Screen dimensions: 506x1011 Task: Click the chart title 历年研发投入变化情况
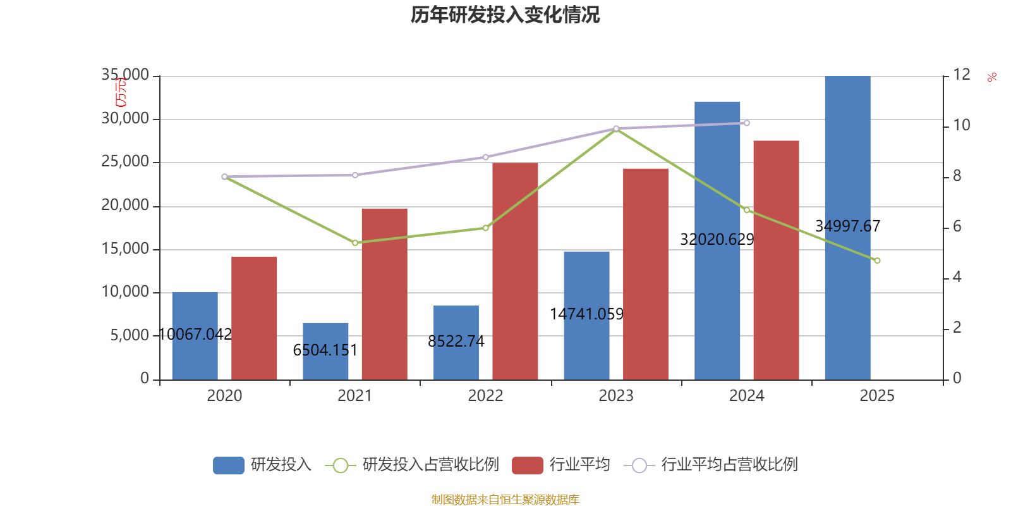tap(505, 15)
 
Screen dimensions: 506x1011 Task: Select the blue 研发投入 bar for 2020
tap(195, 335)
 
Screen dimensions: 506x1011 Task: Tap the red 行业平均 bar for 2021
tap(384, 293)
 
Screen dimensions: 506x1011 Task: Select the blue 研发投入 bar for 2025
tap(847, 228)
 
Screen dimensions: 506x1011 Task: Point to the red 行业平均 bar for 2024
tap(776, 259)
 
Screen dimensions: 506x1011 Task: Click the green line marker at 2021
tap(355, 243)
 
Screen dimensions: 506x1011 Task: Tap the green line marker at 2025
tap(877, 261)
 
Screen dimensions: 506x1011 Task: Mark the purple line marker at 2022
tap(486, 157)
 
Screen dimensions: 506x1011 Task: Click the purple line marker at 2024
tap(747, 123)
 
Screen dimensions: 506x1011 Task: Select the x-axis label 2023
tap(616, 396)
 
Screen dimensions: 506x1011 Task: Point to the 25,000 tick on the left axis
tap(126, 162)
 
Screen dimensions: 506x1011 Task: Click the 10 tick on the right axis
tap(961, 125)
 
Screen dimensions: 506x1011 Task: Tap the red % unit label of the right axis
tap(992, 77)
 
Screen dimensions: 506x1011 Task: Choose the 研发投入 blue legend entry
tap(263, 465)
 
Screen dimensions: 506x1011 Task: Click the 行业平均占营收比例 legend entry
tap(711, 465)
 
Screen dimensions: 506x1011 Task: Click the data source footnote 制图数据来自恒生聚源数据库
tap(505, 500)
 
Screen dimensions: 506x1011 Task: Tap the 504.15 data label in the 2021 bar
tap(325, 350)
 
